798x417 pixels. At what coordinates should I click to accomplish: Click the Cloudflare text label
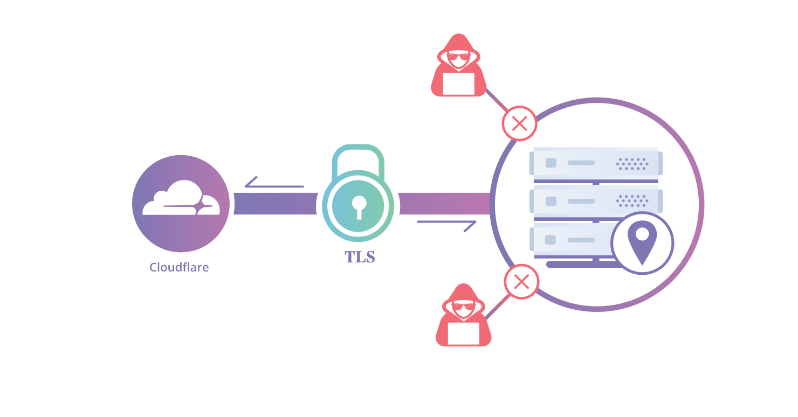click(179, 267)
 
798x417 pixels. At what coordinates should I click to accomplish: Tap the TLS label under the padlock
click(360, 257)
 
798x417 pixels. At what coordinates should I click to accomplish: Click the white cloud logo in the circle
click(181, 199)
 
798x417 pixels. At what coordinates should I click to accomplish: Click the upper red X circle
click(519, 124)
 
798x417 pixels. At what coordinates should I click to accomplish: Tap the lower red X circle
click(521, 281)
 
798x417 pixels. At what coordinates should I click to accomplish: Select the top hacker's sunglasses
click(458, 57)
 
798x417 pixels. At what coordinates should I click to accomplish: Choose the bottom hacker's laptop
click(463, 333)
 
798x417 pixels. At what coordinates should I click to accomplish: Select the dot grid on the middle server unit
click(632, 201)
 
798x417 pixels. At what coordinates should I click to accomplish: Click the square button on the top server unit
click(551, 163)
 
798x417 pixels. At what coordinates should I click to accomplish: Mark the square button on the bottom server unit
click(551, 240)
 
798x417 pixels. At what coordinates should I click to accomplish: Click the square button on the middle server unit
click(551, 201)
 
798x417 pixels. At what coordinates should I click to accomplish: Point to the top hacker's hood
click(458, 40)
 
